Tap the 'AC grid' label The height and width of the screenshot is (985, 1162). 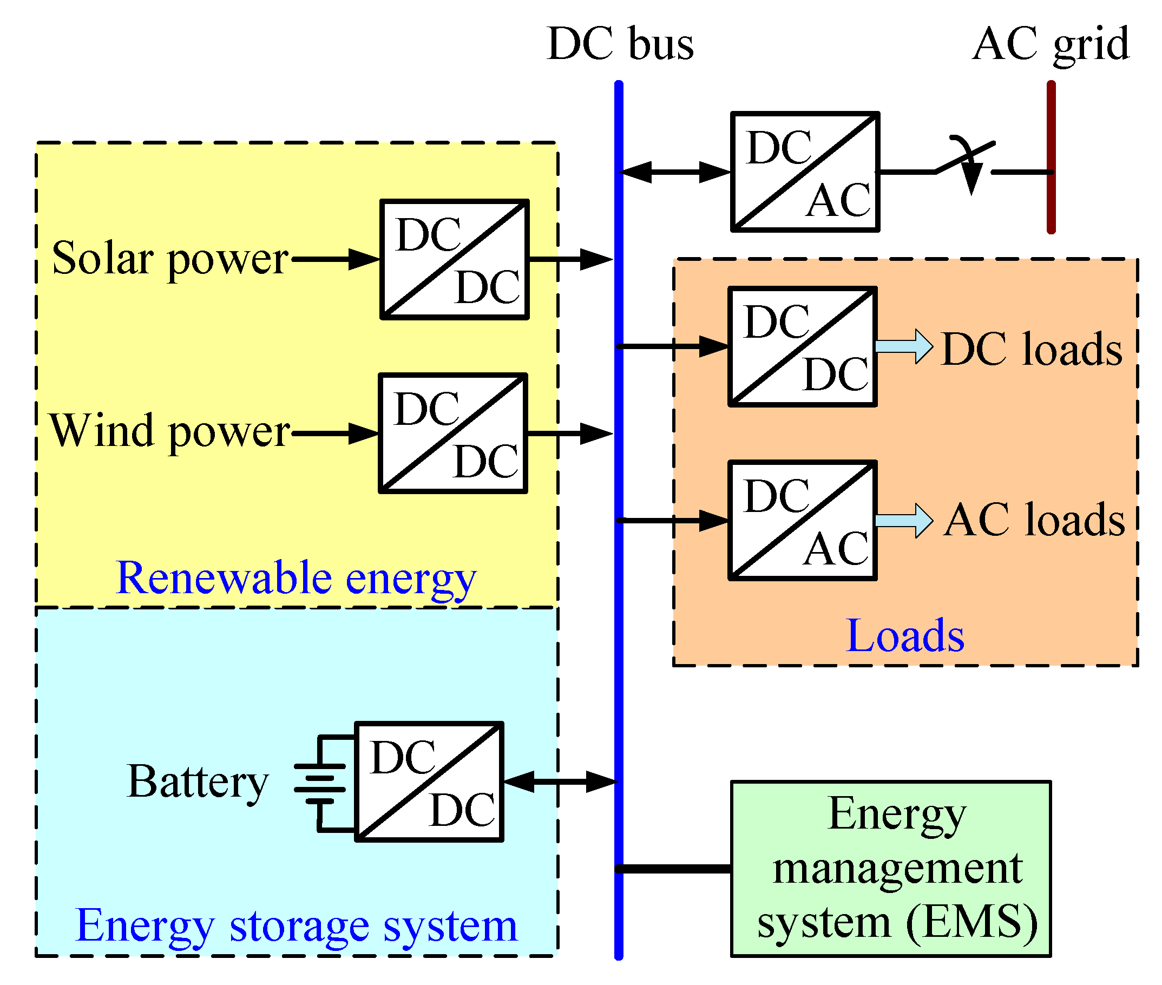click(x=1050, y=45)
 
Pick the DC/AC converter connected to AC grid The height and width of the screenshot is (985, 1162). click(x=805, y=172)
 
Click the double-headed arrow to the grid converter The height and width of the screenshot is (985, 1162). click(x=674, y=172)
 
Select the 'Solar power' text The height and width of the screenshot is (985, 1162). click(x=170, y=259)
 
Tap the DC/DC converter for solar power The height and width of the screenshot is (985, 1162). click(x=454, y=259)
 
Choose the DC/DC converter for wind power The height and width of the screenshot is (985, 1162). click(x=453, y=434)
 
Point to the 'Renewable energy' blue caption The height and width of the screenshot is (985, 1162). click(x=296, y=578)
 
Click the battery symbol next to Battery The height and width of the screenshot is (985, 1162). click(x=320, y=783)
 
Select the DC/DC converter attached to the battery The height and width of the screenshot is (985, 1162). click(x=429, y=782)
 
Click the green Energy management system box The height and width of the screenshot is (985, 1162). click(x=890, y=869)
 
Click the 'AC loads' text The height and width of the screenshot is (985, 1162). click(x=1033, y=520)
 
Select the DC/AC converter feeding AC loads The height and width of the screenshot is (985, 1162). click(x=803, y=521)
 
